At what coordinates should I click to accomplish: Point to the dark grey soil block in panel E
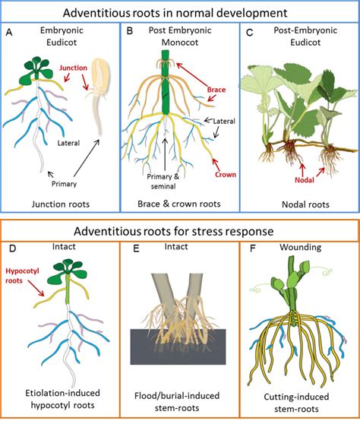point(179,358)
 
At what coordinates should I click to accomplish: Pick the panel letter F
point(248,246)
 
